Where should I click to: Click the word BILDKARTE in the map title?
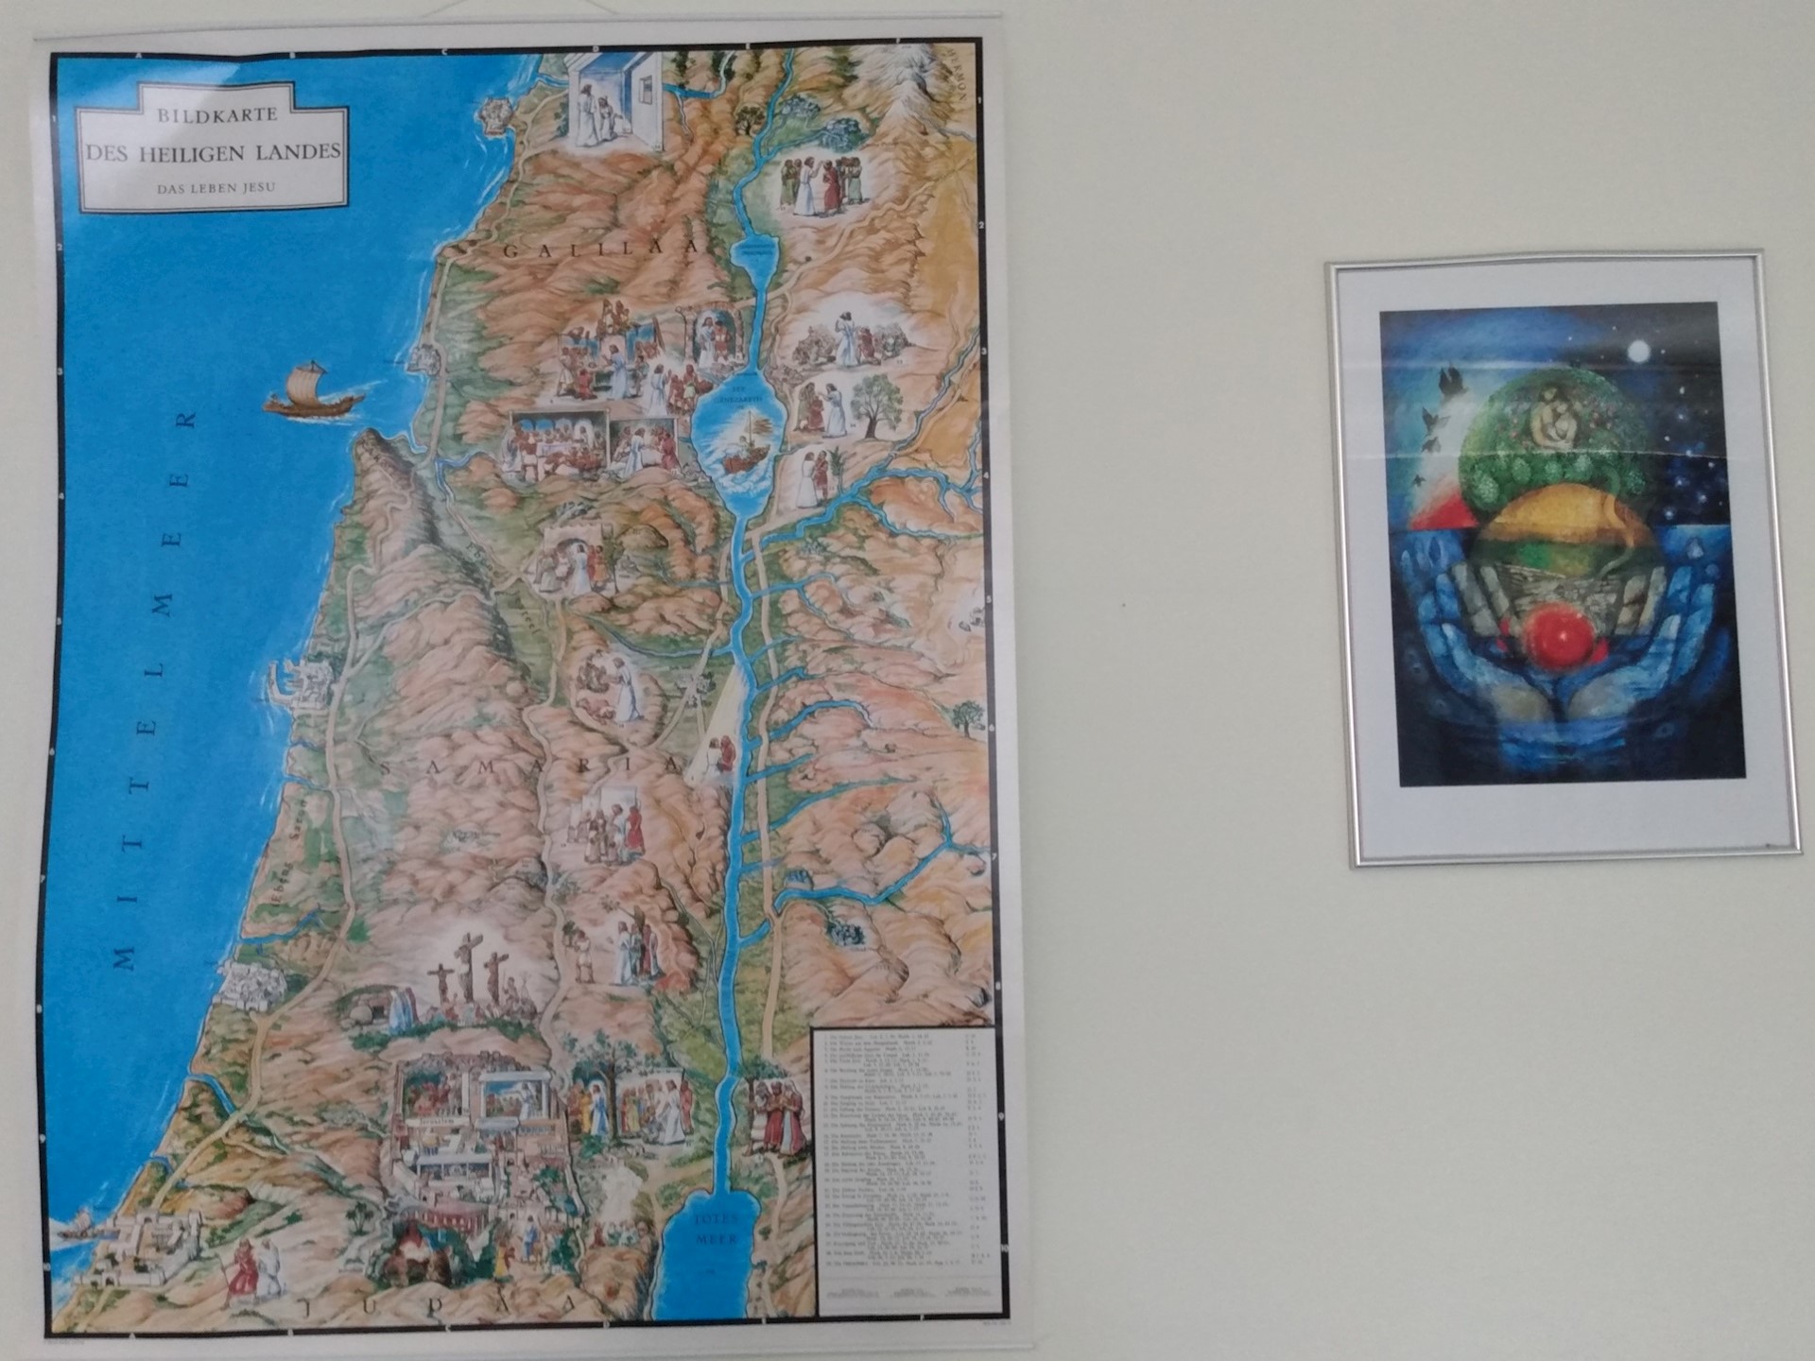point(217,115)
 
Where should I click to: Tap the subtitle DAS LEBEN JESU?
point(216,187)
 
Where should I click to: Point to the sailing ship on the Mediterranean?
point(312,389)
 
